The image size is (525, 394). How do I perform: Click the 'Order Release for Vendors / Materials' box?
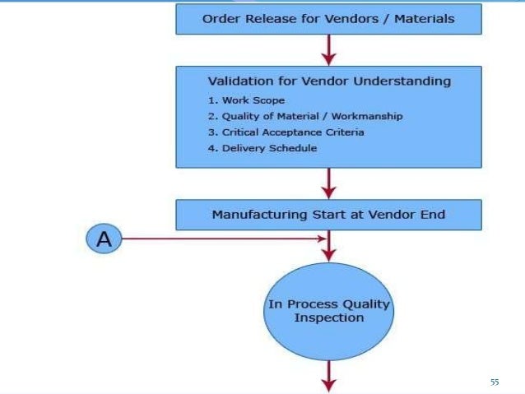coord(328,18)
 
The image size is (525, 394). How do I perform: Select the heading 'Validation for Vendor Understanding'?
coord(328,81)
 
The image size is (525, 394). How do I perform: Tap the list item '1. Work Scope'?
coord(246,100)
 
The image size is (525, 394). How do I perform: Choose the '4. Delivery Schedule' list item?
coord(262,148)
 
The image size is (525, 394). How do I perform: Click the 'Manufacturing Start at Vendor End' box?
coord(328,215)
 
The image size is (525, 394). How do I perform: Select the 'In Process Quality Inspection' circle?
coord(328,310)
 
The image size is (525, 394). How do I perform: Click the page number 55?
coord(495,382)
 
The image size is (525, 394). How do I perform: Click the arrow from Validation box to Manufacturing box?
coord(329,183)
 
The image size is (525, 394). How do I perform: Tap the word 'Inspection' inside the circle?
coord(328,318)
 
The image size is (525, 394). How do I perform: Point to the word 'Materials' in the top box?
coord(424,18)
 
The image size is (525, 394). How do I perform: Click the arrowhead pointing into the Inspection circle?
coord(329,253)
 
